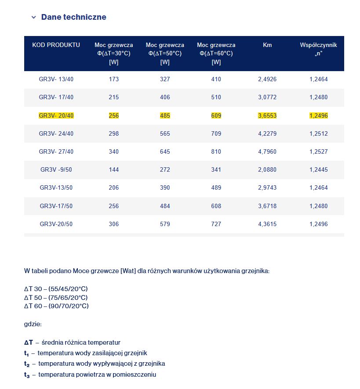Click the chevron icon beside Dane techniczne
pos(33,18)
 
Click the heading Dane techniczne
pos(73,17)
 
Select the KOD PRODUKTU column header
pos(56,45)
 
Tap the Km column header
pos(267,45)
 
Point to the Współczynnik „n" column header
pos(318,49)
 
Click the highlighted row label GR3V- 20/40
pos(56,116)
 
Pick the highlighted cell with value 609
pos(216,116)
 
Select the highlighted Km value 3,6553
pos(267,116)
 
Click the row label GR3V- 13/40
pos(56,79)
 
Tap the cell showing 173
pos(113,79)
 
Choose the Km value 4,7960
pos(267,152)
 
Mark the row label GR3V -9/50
pos(56,170)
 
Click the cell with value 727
pos(216,224)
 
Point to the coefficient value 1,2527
pos(318,152)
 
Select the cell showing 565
pos(165,134)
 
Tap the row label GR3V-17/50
pos(56,206)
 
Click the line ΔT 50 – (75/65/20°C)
pos(56,297)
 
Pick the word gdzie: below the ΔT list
pos(33,324)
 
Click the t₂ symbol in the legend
pos(27,364)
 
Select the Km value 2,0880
pos(267,170)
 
